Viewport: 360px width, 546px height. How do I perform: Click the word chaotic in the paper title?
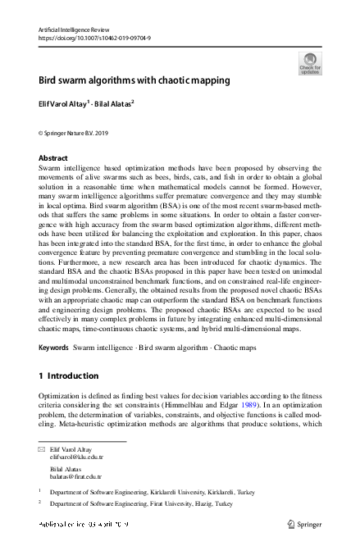coord(168,81)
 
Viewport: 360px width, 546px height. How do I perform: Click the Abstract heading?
coord(54,157)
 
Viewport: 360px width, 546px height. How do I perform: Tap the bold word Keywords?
coord(54,348)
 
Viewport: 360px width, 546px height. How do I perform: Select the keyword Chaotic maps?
coord(234,348)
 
